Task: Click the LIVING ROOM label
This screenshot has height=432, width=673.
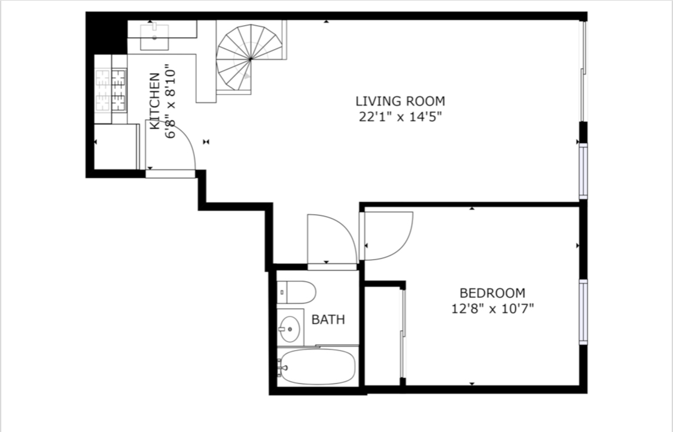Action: coord(400,101)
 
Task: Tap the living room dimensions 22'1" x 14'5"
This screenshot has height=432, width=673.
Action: coord(400,116)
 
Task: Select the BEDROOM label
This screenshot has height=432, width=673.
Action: coord(492,293)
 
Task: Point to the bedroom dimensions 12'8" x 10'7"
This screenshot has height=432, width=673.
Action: coord(492,308)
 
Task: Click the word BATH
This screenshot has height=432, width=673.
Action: coord(328,320)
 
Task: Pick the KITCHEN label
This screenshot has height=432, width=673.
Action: coord(154,101)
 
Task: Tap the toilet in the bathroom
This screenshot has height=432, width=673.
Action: coord(296,292)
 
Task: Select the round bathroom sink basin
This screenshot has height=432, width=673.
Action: coord(290,329)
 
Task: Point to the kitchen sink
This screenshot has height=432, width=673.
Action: coord(154,37)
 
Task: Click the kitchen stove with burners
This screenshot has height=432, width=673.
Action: coord(111,90)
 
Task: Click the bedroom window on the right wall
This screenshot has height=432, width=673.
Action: coord(583,312)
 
